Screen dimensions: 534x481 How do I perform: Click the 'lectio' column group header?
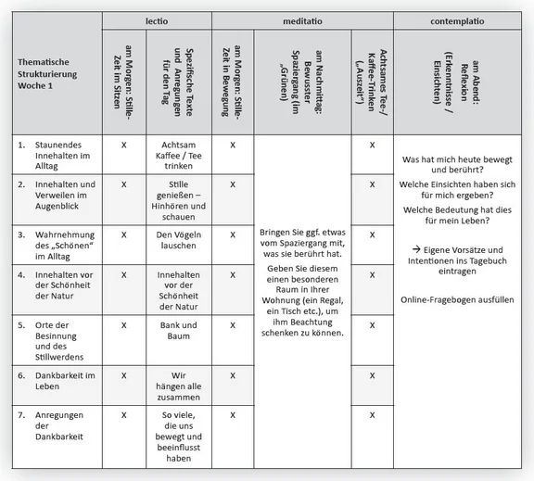157,19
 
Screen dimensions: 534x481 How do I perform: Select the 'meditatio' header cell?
302,19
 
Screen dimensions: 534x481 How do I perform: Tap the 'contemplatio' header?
461,19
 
